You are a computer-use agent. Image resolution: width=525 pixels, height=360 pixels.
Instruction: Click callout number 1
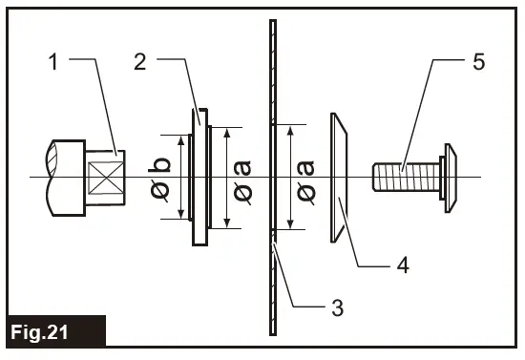click(56, 63)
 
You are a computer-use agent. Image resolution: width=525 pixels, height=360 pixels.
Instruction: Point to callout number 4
click(404, 265)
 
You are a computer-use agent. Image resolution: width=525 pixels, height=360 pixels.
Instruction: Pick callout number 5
click(476, 63)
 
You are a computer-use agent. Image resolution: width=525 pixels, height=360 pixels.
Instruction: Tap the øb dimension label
click(160, 179)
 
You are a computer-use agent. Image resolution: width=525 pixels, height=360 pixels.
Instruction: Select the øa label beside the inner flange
click(242, 179)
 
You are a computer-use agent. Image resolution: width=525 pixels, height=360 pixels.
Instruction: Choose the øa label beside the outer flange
click(305, 179)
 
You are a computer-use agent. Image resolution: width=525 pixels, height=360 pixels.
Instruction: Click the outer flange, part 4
click(341, 179)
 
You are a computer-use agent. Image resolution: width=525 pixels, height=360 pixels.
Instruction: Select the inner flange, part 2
click(197, 179)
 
